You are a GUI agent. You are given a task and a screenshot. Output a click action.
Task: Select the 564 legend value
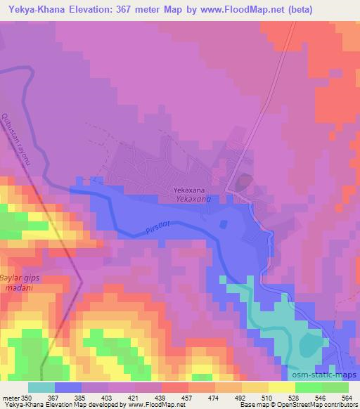coord(347,397)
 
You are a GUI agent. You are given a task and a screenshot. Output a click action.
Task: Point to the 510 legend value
coord(265,397)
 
